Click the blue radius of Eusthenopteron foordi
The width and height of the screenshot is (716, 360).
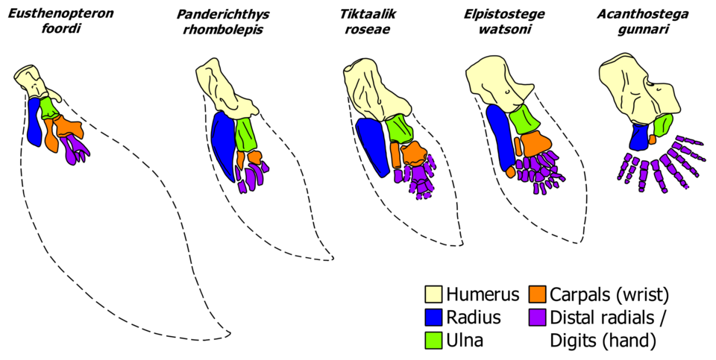tap(34, 121)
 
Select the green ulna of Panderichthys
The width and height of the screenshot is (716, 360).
tap(245, 134)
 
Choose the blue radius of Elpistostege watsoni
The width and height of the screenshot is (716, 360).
tap(500, 134)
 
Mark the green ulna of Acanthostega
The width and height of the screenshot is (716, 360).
tap(663, 125)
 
